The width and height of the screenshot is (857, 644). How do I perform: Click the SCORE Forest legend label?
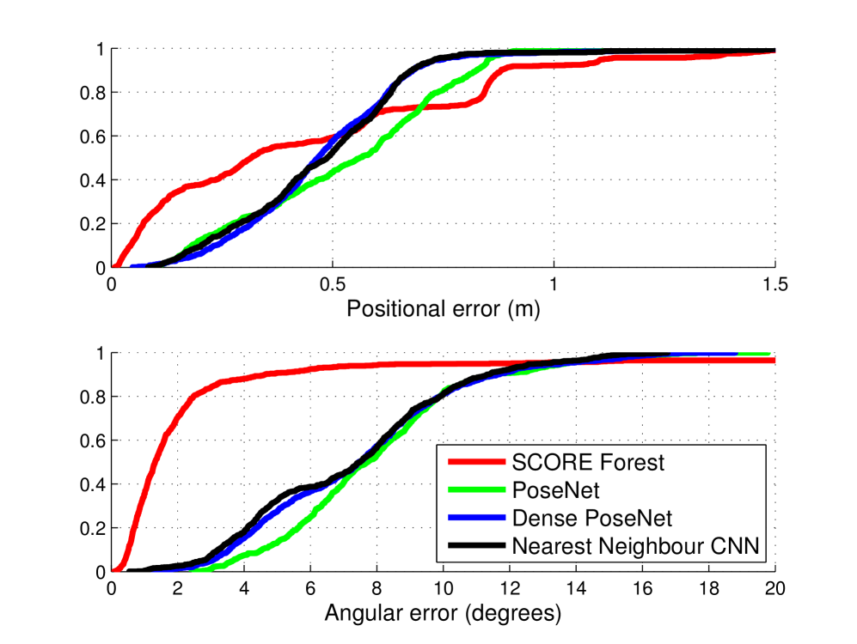coord(588,462)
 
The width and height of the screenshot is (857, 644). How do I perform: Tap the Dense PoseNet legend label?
coord(591,518)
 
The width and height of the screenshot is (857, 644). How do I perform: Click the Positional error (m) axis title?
coord(443,309)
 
